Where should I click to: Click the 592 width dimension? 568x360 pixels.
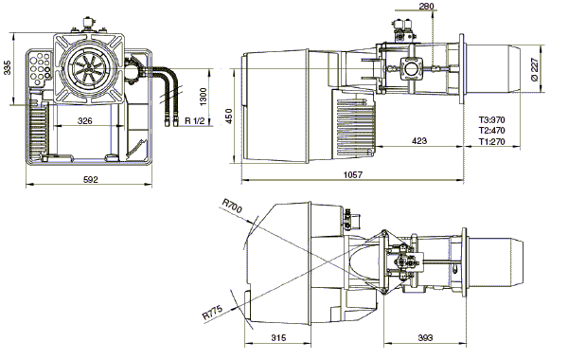[x=91, y=179]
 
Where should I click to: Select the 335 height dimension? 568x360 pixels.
[x=8, y=67]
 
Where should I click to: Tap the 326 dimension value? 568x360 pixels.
[x=85, y=120]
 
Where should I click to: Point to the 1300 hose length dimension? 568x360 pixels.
[x=203, y=97]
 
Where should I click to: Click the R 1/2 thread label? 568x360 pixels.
[x=195, y=120]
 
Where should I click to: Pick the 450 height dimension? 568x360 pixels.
[x=228, y=116]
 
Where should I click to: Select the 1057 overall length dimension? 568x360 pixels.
[x=352, y=174]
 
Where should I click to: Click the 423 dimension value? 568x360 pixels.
[x=419, y=140]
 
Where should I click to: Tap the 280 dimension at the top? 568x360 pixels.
[x=426, y=7]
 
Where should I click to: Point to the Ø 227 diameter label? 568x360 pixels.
[x=534, y=69]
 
